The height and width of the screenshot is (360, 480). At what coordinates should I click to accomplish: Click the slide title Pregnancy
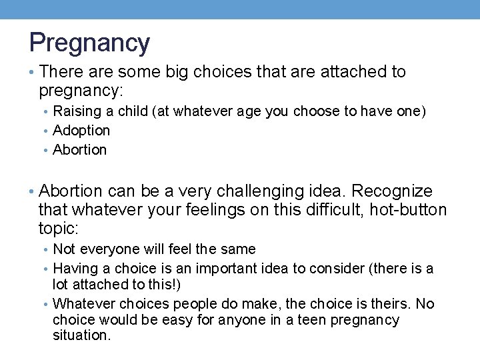coord(89,43)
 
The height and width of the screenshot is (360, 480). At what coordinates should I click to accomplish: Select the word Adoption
coord(81,131)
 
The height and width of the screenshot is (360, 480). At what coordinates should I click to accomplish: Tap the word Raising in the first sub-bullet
coord(75,111)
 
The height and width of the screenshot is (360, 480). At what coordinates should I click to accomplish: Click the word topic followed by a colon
coord(59,229)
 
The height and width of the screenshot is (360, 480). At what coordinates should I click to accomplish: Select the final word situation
coord(81,336)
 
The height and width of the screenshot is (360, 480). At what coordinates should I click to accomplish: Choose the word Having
coord(75,269)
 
